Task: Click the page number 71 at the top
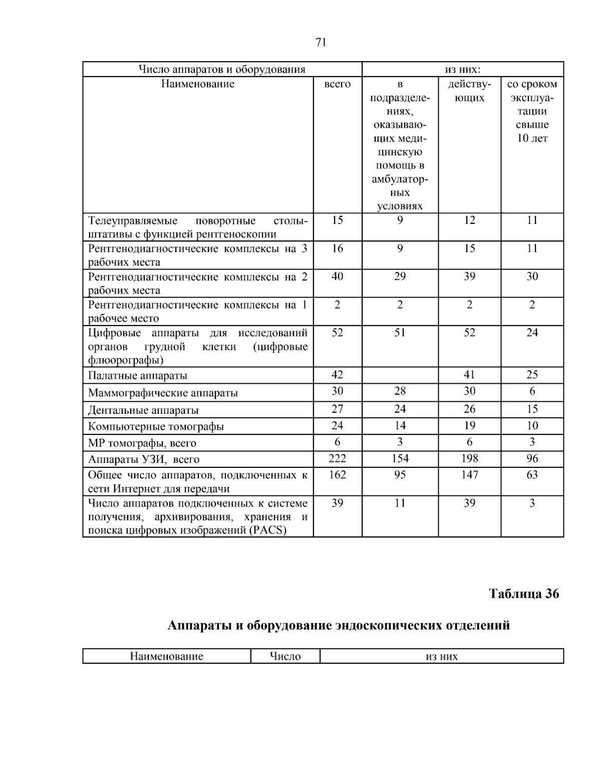321,43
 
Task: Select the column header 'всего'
337,84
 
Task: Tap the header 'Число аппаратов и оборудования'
222,69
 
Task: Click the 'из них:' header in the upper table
463,69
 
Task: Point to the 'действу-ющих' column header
469,91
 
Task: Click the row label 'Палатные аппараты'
138,376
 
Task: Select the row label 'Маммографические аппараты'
163,393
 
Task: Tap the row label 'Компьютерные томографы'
156,426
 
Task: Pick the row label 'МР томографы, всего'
142,443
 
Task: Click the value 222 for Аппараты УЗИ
337,458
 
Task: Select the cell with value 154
400,458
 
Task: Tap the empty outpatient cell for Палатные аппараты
400,375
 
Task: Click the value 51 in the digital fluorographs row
400,333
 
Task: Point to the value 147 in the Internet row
469,474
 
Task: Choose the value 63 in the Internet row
532,474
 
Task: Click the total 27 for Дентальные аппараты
337,409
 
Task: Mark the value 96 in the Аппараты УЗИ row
532,458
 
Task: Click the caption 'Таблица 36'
524,594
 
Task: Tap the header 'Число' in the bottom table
285,656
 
